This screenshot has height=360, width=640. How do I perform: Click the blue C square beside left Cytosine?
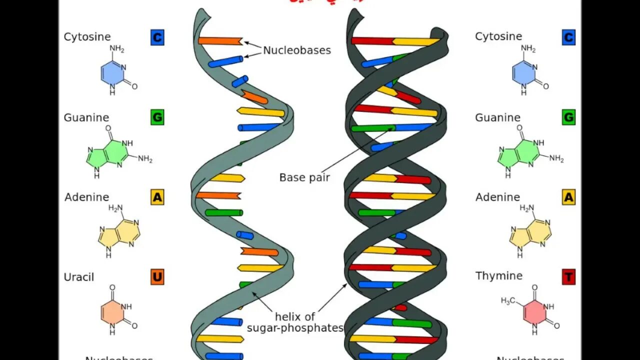pyautogui.click(x=157, y=37)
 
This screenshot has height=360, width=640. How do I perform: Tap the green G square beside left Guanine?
pyautogui.click(x=157, y=117)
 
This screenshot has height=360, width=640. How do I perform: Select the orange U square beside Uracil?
pyautogui.click(x=157, y=277)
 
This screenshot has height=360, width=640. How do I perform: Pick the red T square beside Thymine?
pyautogui.click(x=568, y=276)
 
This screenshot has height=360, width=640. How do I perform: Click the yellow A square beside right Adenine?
pyautogui.click(x=568, y=197)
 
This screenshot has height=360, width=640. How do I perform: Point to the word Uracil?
pyautogui.click(x=79, y=277)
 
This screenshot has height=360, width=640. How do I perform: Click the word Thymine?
pyautogui.click(x=499, y=276)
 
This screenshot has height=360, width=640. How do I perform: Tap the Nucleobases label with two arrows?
pyautogui.click(x=297, y=50)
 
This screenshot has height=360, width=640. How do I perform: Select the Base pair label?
pyautogui.click(x=304, y=177)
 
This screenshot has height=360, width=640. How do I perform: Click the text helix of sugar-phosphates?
pyautogui.click(x=295, y=322)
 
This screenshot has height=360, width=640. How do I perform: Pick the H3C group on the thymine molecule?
pyautogui.click(x=508, y=301)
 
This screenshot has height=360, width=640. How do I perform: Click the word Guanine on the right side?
pyautogui.click(x=497, y=117)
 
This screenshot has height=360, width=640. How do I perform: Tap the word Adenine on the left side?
pyautogui.click(x=86, y=197)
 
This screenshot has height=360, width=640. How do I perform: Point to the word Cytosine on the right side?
pyautogui.click(x=498, y=36)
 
